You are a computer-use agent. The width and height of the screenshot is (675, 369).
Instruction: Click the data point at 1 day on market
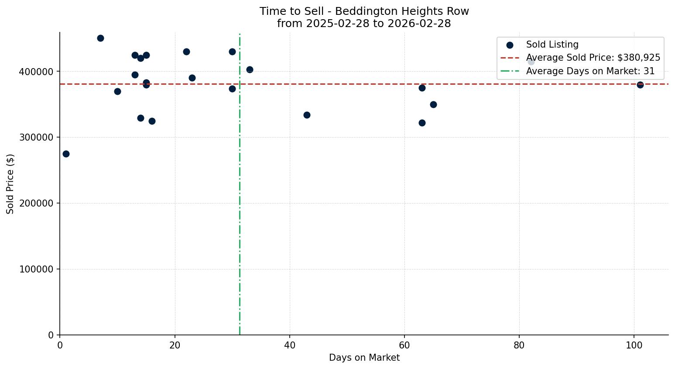coord(66,154)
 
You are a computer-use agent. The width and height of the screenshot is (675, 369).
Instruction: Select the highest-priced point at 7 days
coord(100,38)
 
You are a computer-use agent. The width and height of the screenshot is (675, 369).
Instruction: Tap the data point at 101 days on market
coord(640,85)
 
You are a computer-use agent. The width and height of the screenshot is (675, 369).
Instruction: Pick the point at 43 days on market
coord(307,115)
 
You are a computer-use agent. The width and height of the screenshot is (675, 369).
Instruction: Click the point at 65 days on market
coord(433,104)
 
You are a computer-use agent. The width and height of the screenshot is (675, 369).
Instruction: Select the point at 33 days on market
coord(250,69)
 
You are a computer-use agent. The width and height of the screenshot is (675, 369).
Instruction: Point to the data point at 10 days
coord(117,91)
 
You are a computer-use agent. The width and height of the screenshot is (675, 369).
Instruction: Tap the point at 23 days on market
coord(192,78)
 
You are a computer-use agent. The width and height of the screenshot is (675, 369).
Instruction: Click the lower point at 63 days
coord(422,123)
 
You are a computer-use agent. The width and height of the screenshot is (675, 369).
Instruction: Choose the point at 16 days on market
coord(152,121)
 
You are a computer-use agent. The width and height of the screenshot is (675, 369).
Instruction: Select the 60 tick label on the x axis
coord(404,345)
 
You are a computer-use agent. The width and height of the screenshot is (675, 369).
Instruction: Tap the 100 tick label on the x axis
coord(634,345)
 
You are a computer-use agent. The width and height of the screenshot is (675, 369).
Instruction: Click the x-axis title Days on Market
coord(364,358)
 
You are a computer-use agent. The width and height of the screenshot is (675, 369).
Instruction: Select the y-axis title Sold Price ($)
coord(10,183)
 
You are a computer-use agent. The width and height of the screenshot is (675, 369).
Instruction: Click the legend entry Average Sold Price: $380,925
coord(593,58)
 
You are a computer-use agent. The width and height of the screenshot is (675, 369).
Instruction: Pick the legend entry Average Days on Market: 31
coord(590,71)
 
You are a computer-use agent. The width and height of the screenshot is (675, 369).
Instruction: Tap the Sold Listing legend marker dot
coord(510,45)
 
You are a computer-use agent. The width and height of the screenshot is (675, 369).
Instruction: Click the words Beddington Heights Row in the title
coord(402,11)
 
